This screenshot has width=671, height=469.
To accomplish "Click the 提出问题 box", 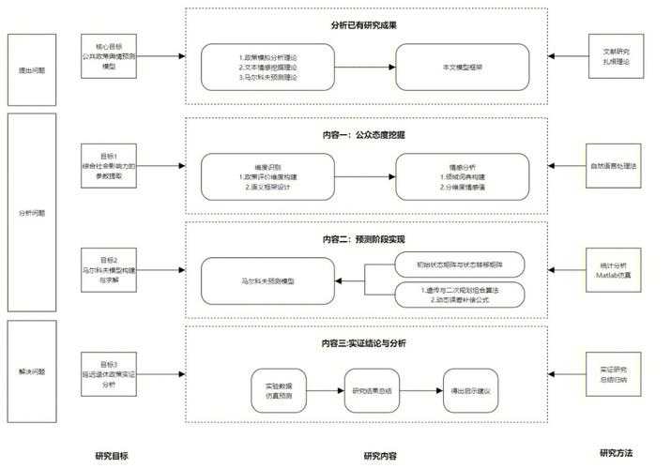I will (32, 69).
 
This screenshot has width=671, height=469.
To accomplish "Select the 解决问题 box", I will (32, 371).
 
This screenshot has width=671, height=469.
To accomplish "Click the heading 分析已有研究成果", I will (363, 24).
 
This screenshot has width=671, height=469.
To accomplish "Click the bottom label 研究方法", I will (616, 453).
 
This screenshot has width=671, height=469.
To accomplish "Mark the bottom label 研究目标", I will (111, 455).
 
